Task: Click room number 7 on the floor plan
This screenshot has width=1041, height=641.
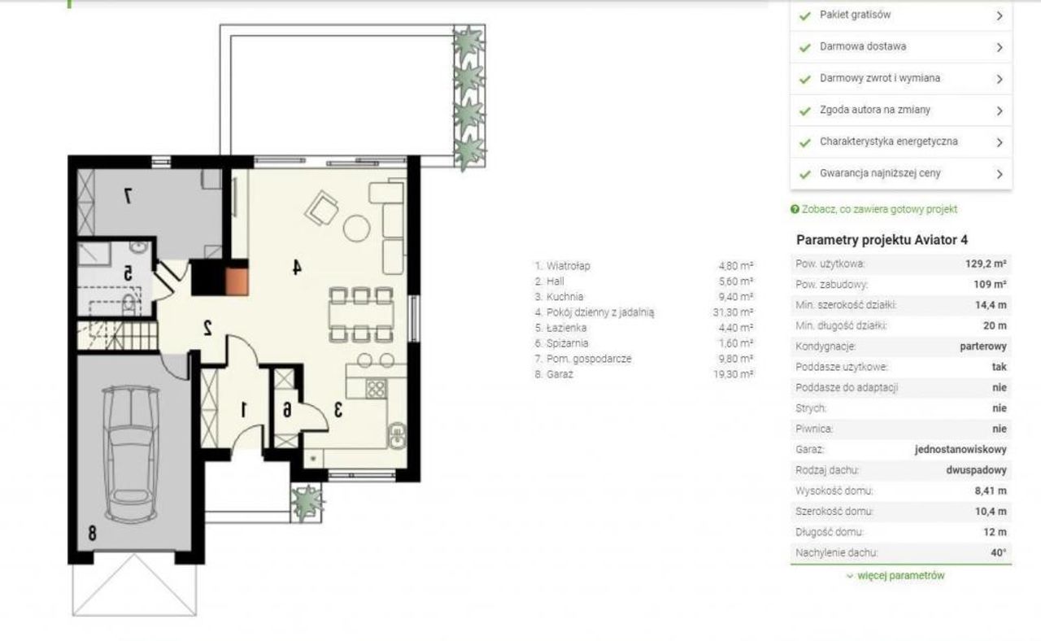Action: point(128,196)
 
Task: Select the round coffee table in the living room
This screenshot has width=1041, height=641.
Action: point(356,229)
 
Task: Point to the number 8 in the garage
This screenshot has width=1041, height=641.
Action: point(92,533)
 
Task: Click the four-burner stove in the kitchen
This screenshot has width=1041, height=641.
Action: point(376,389)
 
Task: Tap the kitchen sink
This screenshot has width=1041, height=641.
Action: point(397,435)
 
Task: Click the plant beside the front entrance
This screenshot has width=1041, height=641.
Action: point(307,503)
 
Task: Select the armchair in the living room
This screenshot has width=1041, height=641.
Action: point(321,208)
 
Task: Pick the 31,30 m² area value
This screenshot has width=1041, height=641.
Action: point(733,312)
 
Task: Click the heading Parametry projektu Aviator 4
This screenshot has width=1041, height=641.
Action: point(882,240)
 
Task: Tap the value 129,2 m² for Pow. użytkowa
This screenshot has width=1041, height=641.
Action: point(986,264)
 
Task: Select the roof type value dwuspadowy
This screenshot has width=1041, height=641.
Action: point(976,470)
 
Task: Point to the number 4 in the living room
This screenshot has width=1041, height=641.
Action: point(297,267)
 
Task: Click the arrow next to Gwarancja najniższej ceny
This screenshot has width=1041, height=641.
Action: point(1000,174)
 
